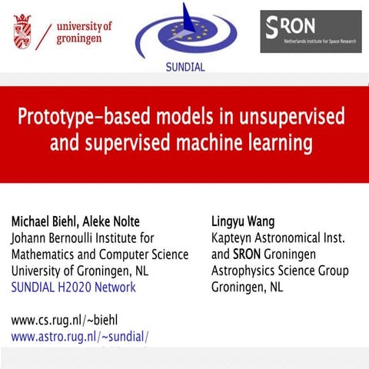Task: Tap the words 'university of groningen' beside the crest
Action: pos(84,32)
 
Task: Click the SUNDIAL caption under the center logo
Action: pos(185,67)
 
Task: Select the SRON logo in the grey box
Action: pos(310,32)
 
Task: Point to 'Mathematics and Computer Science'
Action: pos(98,254)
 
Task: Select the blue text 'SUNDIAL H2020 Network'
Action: pos(73,288)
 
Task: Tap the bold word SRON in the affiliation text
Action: pos(251,254)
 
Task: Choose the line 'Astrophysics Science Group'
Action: pos(280,271)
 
